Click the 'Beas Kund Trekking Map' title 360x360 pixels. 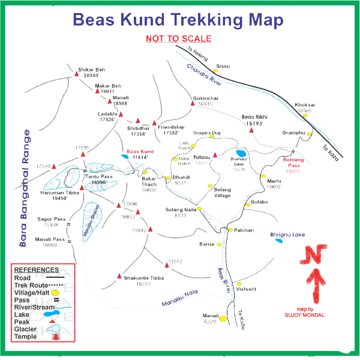pos(178,19)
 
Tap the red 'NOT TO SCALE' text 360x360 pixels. pos(178,39)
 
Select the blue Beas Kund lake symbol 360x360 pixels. pos(125,156)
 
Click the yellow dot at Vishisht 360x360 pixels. pos(239,283)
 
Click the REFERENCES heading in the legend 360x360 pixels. pos(37,270)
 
